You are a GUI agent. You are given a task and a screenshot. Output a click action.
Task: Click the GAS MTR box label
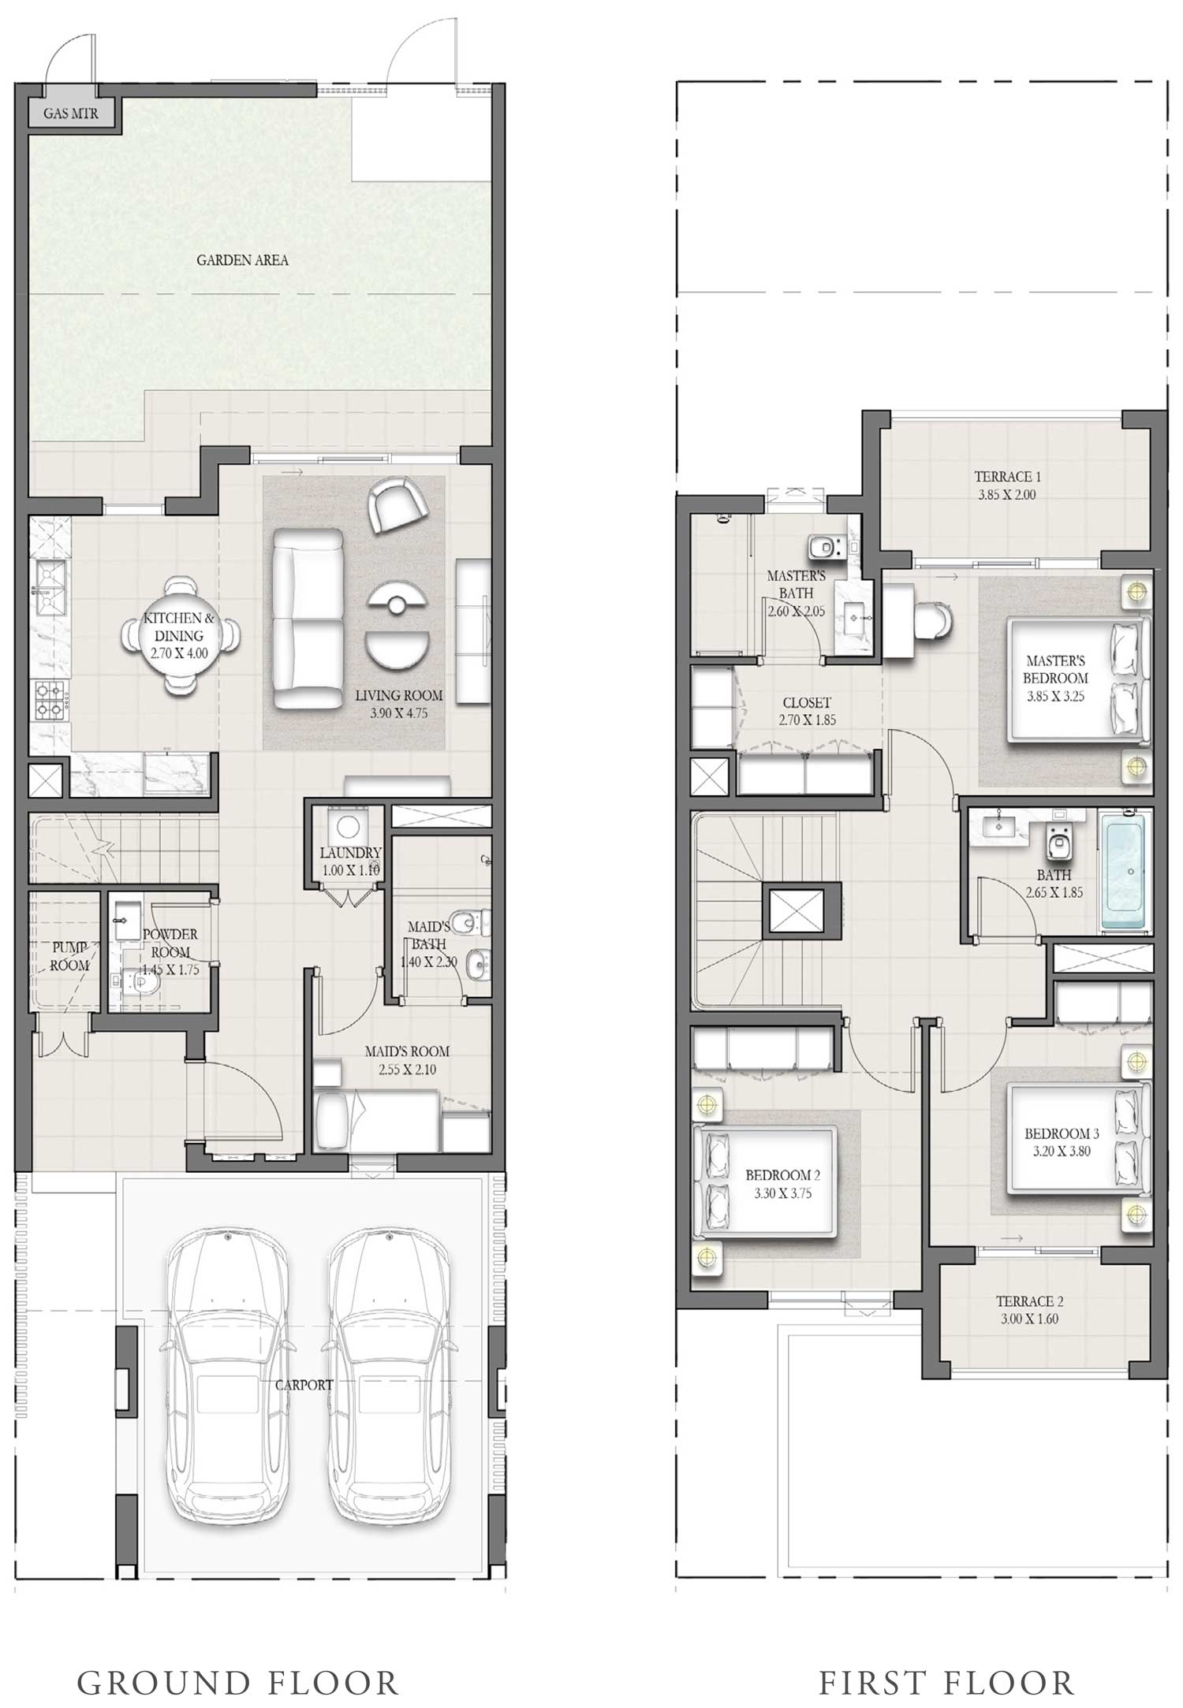[71, 113]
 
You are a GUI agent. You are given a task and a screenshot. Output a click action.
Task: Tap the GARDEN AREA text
[242, 260]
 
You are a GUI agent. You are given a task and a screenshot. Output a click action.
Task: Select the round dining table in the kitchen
[180, 636]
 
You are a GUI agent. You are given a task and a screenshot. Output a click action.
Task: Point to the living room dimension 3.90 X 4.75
[398, 713]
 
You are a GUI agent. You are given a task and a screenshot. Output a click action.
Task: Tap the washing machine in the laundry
[346, 827]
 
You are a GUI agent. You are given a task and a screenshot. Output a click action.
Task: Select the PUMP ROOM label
[70, 956]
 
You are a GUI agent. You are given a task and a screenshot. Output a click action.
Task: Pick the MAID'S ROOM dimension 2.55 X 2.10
[407, 1070]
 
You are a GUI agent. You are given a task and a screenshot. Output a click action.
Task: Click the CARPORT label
[304, 1385]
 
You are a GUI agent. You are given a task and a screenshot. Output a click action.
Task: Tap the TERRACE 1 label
[1007, 476]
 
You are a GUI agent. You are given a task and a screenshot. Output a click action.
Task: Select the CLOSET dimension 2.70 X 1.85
[807, 720]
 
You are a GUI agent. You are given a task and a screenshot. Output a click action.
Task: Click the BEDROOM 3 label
[1062, 1133]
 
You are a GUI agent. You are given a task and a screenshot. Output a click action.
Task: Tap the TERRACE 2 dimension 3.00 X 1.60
[1029, 1319]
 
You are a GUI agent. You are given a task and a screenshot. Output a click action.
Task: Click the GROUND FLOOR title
[237, 1682]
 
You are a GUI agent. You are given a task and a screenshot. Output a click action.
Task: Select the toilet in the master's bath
[823, 544]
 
